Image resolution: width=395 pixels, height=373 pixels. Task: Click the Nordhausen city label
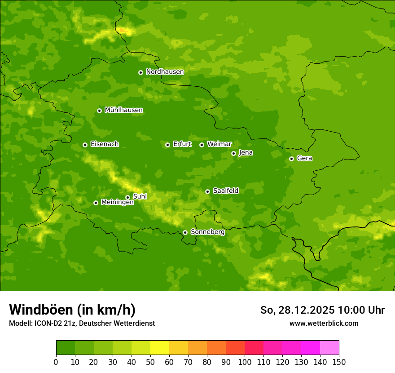click(165, 72)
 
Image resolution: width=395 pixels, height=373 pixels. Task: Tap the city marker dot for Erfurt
click(167, 145)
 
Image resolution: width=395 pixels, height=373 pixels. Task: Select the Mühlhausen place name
click(123, 110)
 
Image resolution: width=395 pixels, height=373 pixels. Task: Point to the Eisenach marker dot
click(85, 145)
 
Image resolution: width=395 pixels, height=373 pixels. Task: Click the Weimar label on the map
click(219, 144)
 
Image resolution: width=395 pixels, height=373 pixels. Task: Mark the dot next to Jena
click(233, 153)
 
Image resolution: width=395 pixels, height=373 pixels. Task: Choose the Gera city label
click(304, 158)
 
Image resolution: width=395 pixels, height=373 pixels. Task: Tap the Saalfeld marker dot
click(207, 191)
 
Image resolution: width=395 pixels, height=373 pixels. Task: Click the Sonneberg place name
click(207, 232)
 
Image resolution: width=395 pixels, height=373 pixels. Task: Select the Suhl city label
click(140, 196)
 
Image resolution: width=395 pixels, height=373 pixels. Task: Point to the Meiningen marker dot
click(96, 203)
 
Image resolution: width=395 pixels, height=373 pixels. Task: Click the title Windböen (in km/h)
click(72, 310)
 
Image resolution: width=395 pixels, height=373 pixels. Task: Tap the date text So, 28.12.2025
click(297, 310)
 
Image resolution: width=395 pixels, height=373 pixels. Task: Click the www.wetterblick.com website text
click(324, 323)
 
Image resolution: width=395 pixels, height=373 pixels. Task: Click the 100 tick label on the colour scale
click(245, 362)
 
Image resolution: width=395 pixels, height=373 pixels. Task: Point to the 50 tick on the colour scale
click(150, 362)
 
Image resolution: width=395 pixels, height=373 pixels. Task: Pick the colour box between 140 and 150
click(329, 348)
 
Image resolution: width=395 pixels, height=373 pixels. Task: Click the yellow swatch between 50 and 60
click(160, 348)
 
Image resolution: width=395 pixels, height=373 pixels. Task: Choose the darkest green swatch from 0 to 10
click(66, 348)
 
